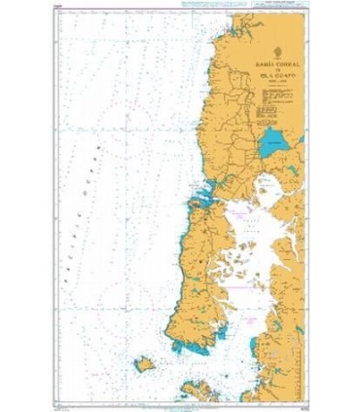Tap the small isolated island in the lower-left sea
tap(144, 363)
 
